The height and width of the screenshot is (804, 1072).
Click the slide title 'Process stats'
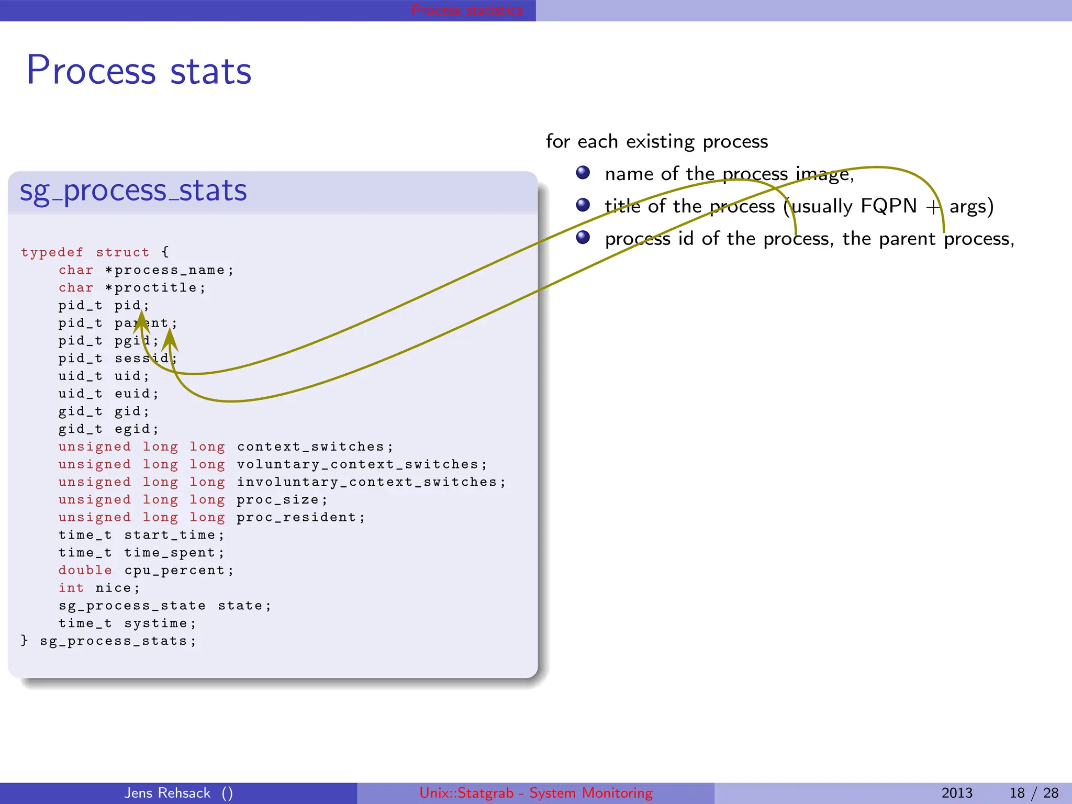tap(139, 71)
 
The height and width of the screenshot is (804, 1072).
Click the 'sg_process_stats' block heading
tap(133, 191)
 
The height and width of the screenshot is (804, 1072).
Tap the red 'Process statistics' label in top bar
tap(467, 10)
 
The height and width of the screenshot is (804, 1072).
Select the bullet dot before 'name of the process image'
tap(583, 173)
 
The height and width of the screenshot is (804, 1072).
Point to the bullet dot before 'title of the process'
tap(583, 205)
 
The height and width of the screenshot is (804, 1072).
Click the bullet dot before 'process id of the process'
tap(583, 238)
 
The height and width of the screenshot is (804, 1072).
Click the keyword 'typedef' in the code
tap(52, 252)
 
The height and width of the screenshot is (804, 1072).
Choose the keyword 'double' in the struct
tap(85, 571)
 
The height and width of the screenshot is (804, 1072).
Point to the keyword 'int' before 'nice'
tap(71, 588)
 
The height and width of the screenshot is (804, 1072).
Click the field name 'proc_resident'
tap(296, 518)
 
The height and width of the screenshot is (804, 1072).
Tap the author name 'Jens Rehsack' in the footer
tap(167, 793)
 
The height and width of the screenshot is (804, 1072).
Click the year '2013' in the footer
tap(956, 793)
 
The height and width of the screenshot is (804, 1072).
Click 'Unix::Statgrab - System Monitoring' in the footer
tap(536, 793)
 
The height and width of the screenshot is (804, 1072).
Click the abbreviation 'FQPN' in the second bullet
tap(888, 206)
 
